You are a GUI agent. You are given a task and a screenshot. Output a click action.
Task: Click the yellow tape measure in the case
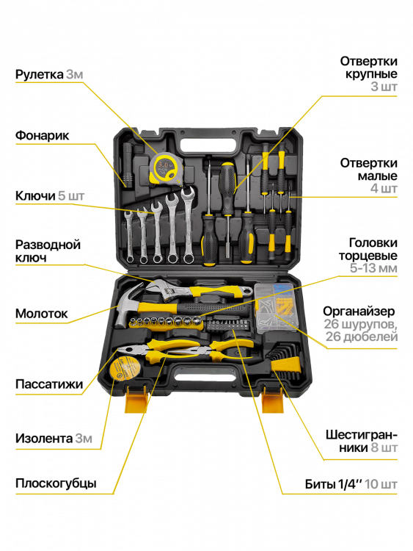(x=164, y=168)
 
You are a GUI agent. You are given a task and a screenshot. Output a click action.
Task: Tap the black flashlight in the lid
(x=128, y=165)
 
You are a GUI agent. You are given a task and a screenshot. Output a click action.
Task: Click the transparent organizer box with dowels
(x=275, y=308)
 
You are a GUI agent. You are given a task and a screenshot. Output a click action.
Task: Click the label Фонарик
(x=42, y=135)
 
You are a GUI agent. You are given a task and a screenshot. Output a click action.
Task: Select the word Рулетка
(x=40, y=74)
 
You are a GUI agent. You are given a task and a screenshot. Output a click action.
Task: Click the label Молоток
(x=41, y=314)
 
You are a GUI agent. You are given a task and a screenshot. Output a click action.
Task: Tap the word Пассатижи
(x=49, y=384)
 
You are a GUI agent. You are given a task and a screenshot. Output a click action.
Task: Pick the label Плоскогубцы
(x=56, y=483)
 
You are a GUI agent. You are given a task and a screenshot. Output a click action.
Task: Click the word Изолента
(x=44, y=438)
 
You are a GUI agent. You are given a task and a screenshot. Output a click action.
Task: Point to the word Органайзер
(x=359, y=311)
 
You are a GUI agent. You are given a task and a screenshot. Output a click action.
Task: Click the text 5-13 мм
(x=373, y=268)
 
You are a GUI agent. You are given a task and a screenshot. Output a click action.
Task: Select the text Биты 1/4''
(x=333, y=484)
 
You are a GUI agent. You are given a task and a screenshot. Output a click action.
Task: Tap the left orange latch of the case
(x=136, y=400)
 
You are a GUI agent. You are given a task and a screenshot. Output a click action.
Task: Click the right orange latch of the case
(x=274, y=400)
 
